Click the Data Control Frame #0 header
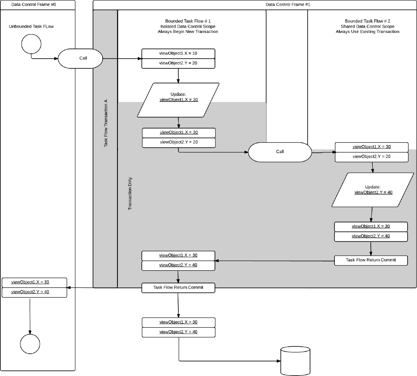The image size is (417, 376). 33,4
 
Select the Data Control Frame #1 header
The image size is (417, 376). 288,4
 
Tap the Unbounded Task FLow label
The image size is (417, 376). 31,26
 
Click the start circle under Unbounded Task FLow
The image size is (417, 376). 31,44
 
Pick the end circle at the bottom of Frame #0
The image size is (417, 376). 30,344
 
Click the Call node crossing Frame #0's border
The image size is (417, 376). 80,59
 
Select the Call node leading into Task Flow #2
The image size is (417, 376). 280,152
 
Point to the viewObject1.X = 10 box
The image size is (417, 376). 178,53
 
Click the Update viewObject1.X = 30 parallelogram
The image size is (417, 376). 178,100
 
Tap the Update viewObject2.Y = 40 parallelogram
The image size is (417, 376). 373,190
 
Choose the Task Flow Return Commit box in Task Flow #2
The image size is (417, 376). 371,260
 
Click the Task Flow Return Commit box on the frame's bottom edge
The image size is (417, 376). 178,288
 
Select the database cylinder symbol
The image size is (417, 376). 295,361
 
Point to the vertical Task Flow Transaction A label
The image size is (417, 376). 106,123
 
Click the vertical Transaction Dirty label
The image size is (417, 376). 130,193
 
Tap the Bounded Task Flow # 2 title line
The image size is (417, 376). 367,21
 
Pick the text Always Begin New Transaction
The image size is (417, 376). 188,32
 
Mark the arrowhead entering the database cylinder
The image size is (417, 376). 279,361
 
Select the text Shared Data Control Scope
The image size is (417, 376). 367,26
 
